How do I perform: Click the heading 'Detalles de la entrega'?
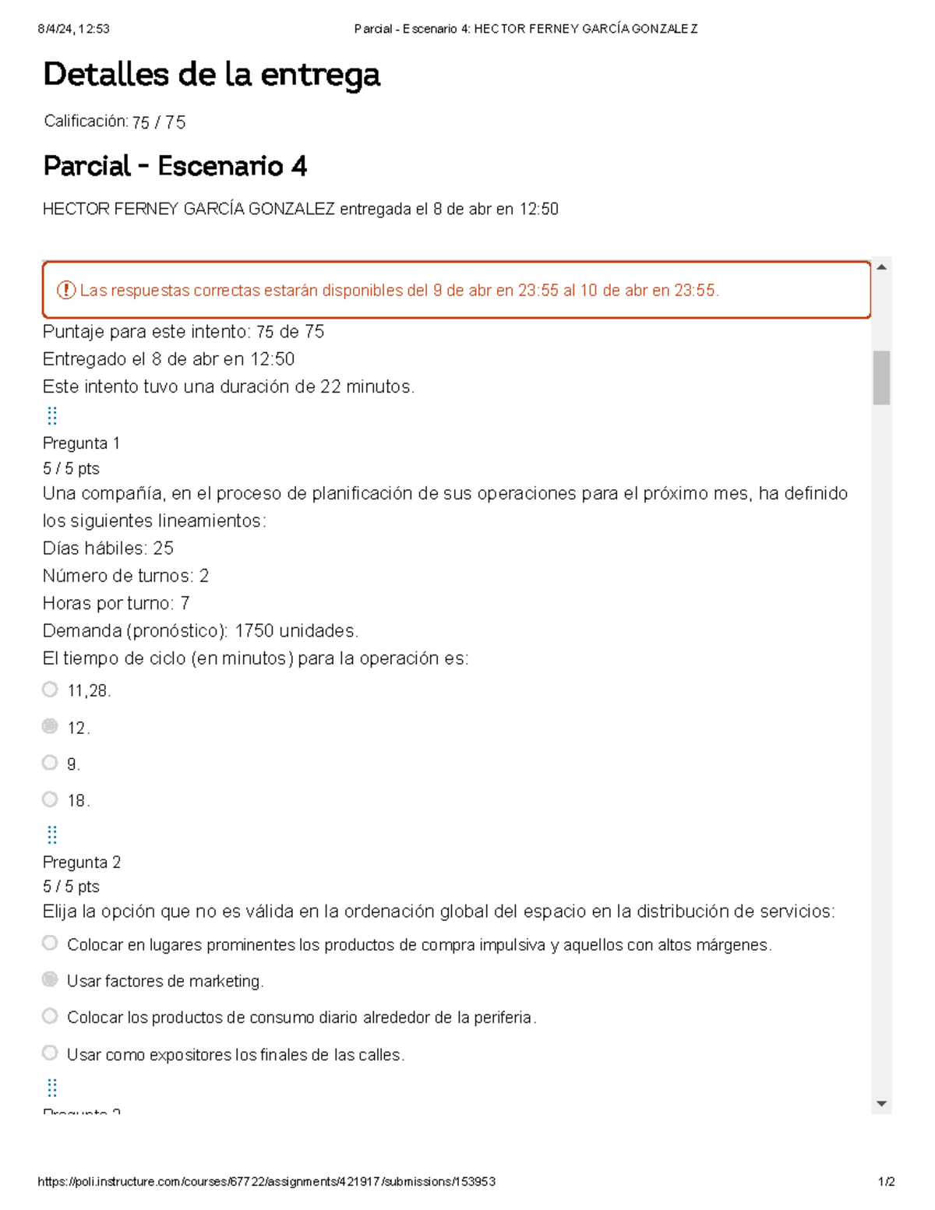[211, 75]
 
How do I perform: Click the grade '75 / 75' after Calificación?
[159, 122]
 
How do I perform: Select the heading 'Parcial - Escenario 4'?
[175, 166]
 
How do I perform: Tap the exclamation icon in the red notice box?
[65, 291]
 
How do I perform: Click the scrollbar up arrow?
[881, 267]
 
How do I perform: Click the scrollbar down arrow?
[881, 1103]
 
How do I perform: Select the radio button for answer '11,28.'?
[50, 690]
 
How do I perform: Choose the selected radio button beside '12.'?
[50, 726]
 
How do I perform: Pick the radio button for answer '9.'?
[50, 763]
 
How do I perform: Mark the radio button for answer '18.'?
[50, 799]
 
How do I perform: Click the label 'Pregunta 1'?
[81, 443]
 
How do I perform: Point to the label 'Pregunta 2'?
[81, 863]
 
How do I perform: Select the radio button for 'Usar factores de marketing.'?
[50, 979]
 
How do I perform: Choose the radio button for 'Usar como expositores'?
[50, 1053]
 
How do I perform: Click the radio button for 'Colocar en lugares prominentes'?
[50, 944]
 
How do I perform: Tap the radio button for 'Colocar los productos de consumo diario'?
[50, 1016]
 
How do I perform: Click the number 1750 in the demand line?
[254, 631]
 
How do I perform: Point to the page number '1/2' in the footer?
[886, 1182]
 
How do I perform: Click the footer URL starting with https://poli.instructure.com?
[266, 1182]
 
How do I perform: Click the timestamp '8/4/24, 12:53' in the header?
[73, 29]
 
